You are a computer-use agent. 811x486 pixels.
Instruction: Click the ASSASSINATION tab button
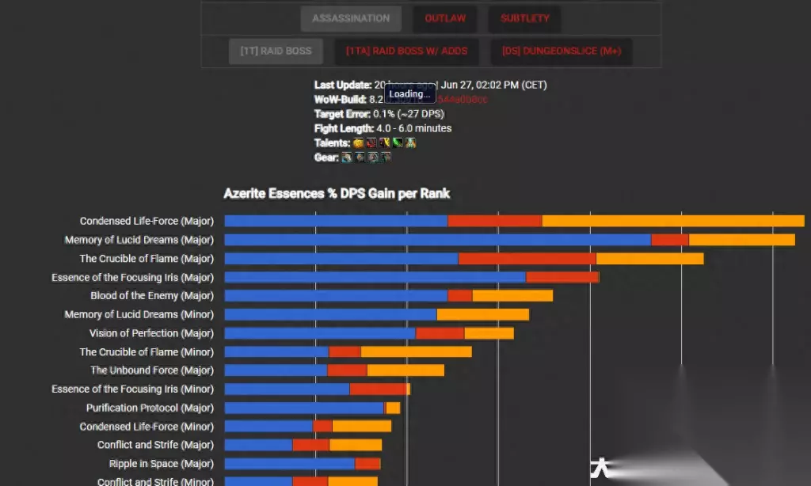pyautogui.click(x=351, y=18)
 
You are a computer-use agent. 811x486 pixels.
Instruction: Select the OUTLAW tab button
pyautogui.click(x=444, y=18)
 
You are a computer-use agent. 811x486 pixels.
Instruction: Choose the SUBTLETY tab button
pyautogui.click(x=524, y=18)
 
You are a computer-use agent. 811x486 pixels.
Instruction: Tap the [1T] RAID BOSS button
pyautogui.click(x=276, y=51)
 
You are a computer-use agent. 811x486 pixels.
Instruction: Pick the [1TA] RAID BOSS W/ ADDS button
pyautogui.click(x=406, y=51)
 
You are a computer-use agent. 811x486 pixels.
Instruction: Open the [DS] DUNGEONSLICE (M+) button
pyautogui.click(x=561, y=51)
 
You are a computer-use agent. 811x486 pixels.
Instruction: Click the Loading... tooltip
pyautogui.click(x=409, y=94)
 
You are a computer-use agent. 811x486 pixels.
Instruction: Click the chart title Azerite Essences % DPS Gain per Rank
pyautogui.click(x=337, y=193)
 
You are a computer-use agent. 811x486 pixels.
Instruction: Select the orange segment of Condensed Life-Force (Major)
pyautogui.click(x=672, y=221)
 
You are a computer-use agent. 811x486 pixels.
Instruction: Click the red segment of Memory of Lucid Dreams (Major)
pyautogui.click(x=669, y=240)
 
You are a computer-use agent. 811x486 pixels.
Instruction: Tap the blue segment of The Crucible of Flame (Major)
pyautogui.click(x=341, y=259)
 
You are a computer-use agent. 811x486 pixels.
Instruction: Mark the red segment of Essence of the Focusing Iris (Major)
pyautogui.click(x=562, y=277)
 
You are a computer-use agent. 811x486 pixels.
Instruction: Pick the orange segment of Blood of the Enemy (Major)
pyautogui.click(x=512, y=296)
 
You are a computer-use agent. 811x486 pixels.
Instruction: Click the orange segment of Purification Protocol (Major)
pyautogui.click(x=393, y=408)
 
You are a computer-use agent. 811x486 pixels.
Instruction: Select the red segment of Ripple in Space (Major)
pyautogui.click(x=367, y=464)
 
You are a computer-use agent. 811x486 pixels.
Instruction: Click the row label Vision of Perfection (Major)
pyautogui.click(x=151, y=333)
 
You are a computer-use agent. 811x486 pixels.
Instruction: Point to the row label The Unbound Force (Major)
pyautogui.click(x=151, y=370)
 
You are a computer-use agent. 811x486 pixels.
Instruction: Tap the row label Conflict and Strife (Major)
pyautogui.click(x=155, y=445)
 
